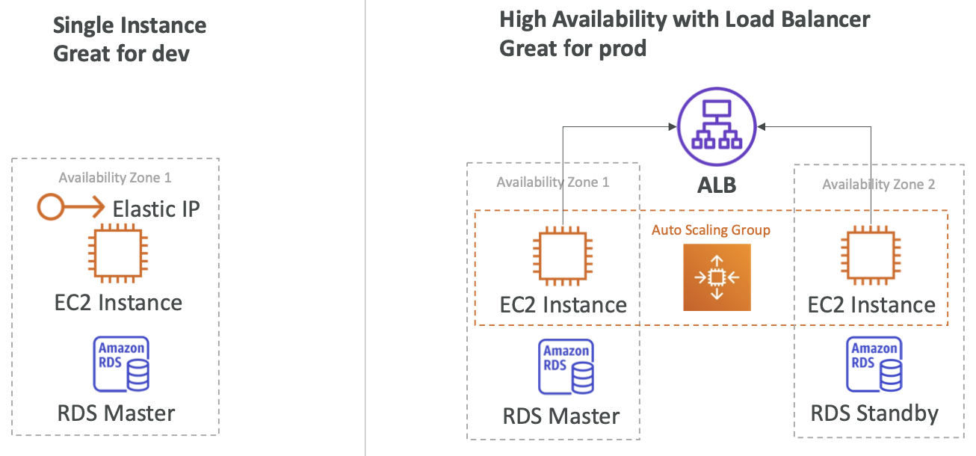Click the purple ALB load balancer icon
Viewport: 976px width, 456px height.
pos(717,127)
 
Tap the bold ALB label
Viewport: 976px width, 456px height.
pos(716,185)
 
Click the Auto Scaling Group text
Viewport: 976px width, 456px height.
pos(711,230)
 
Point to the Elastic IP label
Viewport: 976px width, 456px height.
pos(156,209)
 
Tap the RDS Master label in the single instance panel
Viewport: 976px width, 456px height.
pos(117,413)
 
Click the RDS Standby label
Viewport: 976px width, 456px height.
pos(874,413)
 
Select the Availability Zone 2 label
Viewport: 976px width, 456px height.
pos(878,185)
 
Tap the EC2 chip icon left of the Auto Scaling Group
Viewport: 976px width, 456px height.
pos(563,258)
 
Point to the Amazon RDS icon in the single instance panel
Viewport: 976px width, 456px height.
pos(120,364)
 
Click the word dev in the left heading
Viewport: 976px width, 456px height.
pos(170,55)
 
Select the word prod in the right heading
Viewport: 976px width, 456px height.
pos(622,49)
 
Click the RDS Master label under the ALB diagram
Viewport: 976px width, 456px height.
pos(562,416)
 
